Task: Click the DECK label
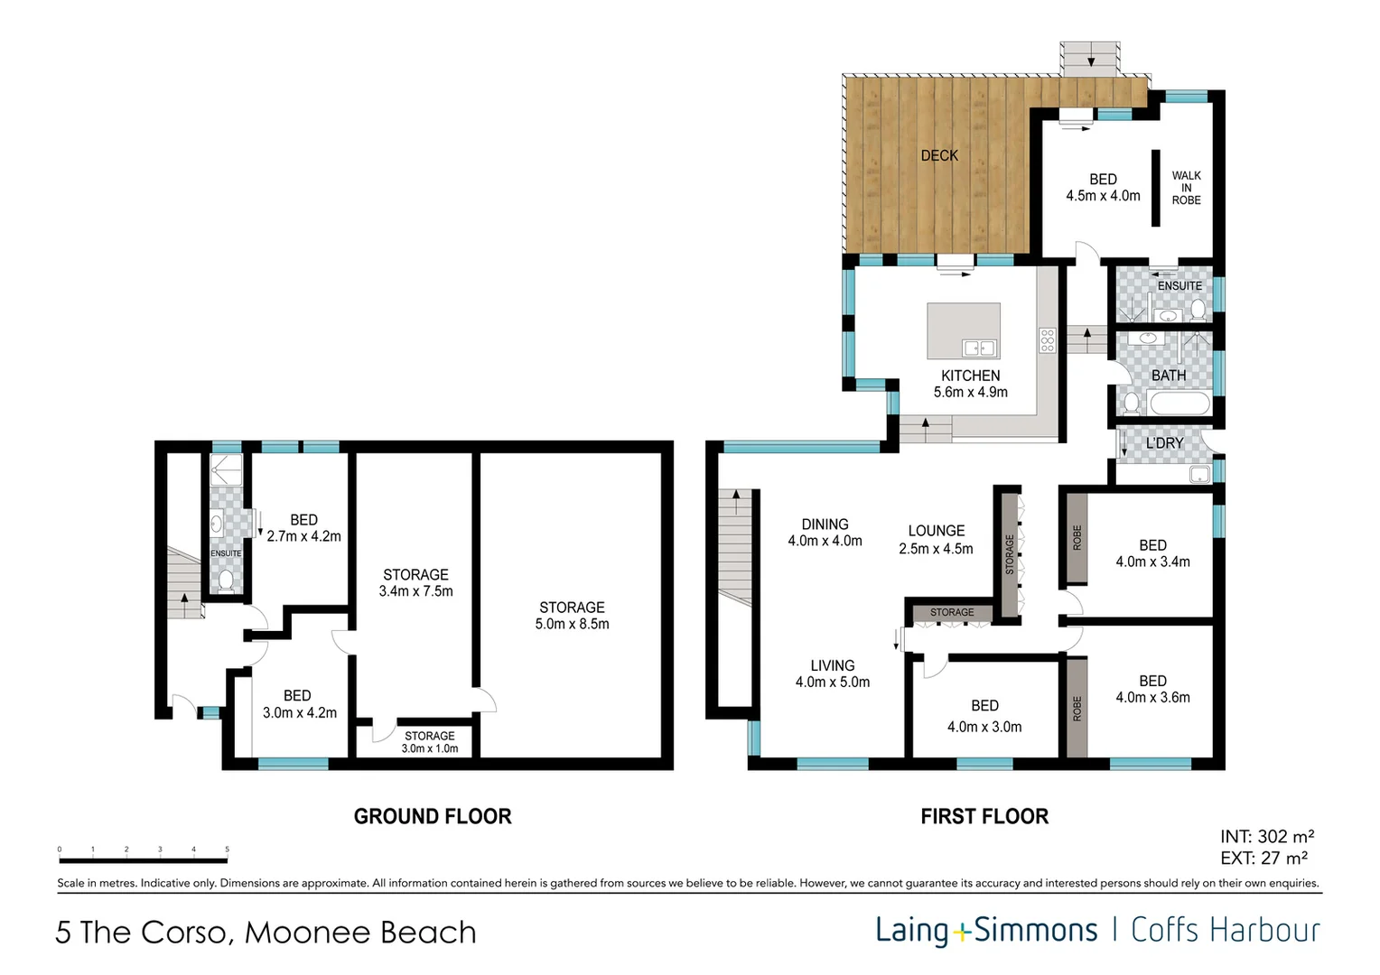939,155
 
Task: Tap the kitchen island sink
979,348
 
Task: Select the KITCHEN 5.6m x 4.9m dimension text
971,392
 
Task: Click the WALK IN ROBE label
1186,188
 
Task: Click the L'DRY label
1164,443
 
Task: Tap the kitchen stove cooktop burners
1048,340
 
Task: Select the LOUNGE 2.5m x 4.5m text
936,540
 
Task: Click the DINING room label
825,525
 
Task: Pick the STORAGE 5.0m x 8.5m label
572,616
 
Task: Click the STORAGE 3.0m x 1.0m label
430,742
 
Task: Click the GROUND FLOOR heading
433,816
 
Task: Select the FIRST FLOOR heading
984,816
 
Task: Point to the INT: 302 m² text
1267,837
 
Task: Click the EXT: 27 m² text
1264,859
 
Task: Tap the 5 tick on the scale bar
227,850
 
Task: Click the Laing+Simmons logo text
986,930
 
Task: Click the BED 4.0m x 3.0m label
984,717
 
